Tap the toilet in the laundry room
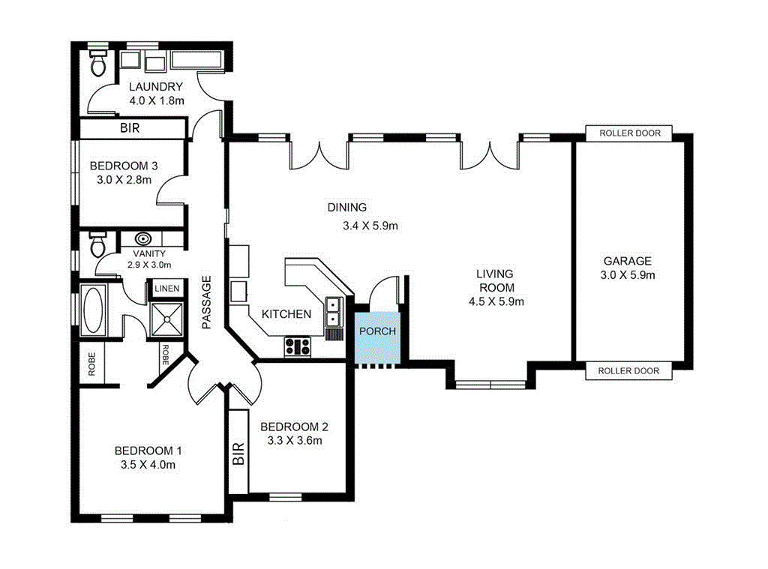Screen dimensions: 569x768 tap(97, 65)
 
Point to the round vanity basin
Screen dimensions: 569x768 tap(143, 239)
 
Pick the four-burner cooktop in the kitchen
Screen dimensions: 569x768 tap(298, 346)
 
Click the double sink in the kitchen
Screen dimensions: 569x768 tap(332, 311)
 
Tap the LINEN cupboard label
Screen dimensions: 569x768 tap(166, 289)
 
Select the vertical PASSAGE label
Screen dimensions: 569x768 tap(207, 302)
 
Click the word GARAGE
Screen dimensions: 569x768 tap(627, 261)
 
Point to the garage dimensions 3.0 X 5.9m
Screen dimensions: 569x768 tap(627, 275)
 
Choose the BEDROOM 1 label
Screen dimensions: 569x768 tap(148, 451)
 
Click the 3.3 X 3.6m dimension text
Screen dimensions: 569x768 tap(294, 441)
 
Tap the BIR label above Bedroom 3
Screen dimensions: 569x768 tap(130, 128)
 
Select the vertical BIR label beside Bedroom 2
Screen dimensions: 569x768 tap(238, 454)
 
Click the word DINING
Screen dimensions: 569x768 tap(346, 208)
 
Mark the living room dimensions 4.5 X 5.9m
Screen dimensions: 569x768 tap(495, 302)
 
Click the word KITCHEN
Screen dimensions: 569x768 tap(286, 314)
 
